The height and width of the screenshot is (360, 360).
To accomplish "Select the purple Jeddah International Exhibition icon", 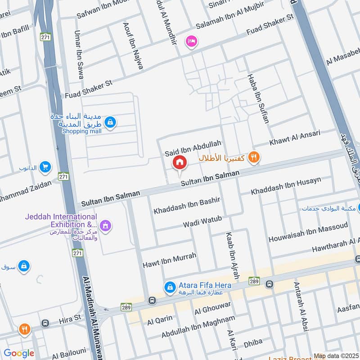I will click(x=105, y=225).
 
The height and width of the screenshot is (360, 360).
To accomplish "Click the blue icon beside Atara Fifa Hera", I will click(x=170, y=286).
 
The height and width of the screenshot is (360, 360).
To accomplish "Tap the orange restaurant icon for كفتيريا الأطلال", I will click(x=254, y=157).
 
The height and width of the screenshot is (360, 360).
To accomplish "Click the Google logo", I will click(x=19, y=353).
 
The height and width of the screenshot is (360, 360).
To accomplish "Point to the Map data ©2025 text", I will click(x=336, y=356).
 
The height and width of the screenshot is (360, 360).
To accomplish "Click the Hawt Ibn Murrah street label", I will click(x=169, y=260).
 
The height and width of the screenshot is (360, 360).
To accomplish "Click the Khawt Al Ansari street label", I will click(x=295, y=138).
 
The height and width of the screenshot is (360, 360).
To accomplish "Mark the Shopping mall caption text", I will click(x=81, y=131).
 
